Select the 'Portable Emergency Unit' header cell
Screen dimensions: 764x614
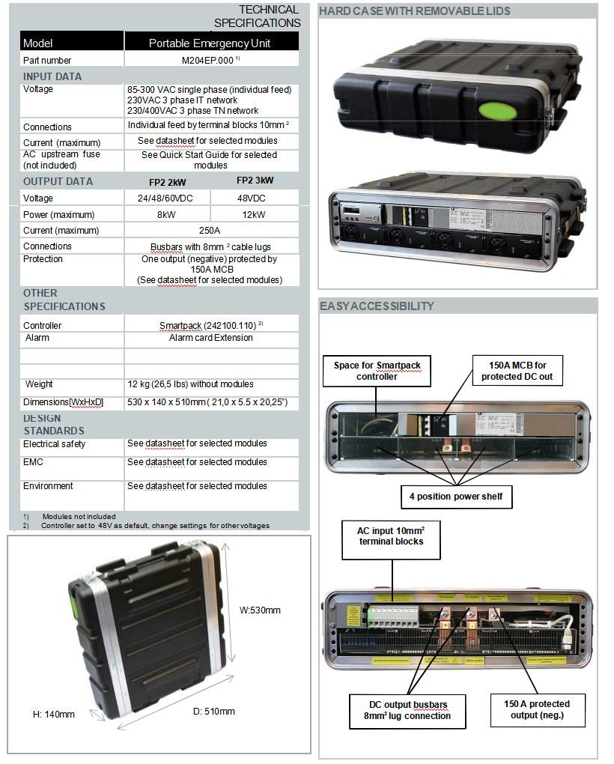point(209,43)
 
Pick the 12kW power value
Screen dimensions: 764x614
point(255,214)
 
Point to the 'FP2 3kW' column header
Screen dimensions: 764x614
point(255,181)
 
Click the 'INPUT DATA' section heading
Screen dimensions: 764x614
point(52,76)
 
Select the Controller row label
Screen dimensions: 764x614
point(43,326)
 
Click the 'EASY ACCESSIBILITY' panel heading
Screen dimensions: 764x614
point(377,306)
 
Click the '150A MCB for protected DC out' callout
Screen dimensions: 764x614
point(517,371)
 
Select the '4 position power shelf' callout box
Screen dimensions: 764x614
point(456,497)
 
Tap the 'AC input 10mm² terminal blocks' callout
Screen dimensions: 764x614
point(390,536)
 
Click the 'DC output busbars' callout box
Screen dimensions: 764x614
point(410,709)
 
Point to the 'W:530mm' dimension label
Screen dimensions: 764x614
point(260,610)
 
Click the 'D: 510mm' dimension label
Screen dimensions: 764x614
point(213,711)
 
